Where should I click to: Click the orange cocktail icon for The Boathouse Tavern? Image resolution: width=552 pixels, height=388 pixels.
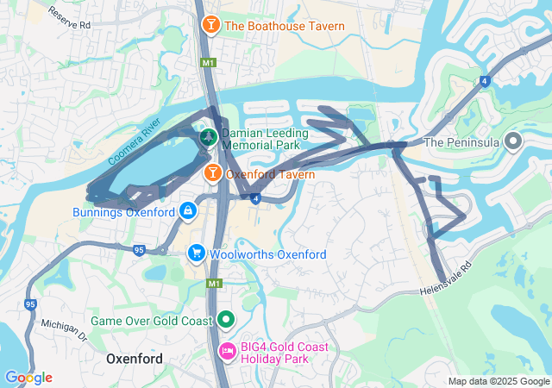pos(210,26)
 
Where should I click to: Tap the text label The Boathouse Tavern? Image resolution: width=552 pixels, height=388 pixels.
pos(285,26)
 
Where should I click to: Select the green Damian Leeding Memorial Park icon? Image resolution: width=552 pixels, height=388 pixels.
pos(209,136)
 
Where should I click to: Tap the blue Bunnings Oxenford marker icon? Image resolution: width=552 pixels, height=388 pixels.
pos(187,210)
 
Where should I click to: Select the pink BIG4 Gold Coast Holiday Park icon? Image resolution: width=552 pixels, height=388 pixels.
pos(228,351)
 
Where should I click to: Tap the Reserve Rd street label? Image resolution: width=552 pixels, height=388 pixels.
pos(70,20)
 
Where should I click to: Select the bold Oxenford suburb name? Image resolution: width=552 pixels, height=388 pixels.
pos(134,357)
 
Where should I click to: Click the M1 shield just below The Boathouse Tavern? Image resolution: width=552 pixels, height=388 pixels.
pos(208,63)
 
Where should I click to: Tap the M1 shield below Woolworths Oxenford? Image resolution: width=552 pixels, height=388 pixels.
pos(214,283)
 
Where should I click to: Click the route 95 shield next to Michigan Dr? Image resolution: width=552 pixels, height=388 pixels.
pos(31,304)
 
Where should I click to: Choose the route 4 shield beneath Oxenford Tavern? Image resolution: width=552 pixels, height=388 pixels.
pos(256,198)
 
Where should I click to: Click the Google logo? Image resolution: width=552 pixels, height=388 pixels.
pos(28,378)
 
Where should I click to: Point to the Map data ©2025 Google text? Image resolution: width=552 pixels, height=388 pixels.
pos(498,381)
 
